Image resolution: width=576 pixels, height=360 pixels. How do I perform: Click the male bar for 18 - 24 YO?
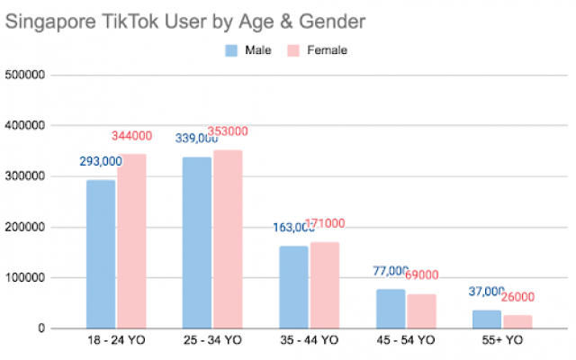point(101,254)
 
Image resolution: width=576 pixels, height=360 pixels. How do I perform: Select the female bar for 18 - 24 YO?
point(131,241)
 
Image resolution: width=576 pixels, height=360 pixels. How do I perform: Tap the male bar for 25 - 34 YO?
point(197,243)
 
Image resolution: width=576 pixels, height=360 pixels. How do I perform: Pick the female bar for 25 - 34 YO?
point(228,239)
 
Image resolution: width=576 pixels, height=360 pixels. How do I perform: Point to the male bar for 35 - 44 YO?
point(293,287)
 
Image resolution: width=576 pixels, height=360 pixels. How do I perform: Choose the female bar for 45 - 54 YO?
point(420,310)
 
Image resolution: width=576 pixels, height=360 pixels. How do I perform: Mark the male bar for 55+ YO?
point(486,319)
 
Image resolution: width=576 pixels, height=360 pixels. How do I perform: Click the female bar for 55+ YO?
point(517,321)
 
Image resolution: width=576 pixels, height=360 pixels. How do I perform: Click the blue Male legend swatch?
point(232,50)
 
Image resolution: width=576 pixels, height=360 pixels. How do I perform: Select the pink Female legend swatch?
point(293,50)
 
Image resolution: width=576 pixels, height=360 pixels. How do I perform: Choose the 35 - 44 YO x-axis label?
point(309,341)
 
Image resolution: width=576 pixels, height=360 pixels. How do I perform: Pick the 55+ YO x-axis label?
point(501,341)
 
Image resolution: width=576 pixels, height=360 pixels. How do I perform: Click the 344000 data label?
point(132,136)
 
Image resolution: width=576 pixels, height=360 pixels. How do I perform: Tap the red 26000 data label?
point(518,298)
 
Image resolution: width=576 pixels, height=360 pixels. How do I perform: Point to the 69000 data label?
point(421,274)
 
